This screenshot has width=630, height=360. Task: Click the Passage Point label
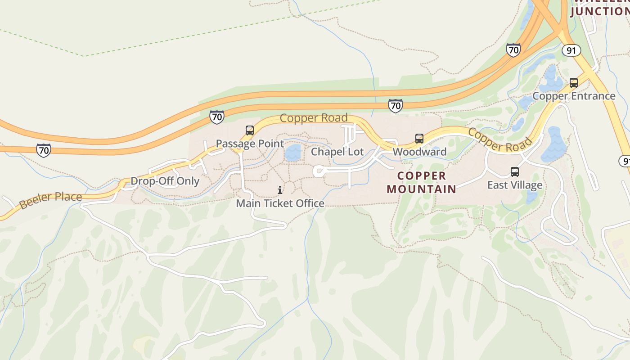(x=250, y=144)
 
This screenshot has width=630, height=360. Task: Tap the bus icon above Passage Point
(x=250, y=130)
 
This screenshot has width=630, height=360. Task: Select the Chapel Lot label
(x=337, y=152)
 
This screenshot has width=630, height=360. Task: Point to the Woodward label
(x=419, y=152)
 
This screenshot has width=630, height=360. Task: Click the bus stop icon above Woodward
(x=419, y=139)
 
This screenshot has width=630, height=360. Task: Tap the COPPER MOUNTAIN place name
(x=422, y=182)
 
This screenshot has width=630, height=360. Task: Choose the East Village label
(x=515, y=185)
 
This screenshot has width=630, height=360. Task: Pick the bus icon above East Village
(x=515, y=172)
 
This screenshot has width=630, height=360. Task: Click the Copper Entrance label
(x=574, y=96)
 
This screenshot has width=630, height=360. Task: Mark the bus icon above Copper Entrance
(x=574, y=83)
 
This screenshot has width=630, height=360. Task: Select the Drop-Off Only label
(x=165, y=181)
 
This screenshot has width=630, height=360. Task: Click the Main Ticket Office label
(x=280, y=203)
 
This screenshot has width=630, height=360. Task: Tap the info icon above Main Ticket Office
(x=280, y=190)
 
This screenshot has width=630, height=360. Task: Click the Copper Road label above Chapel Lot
(x=314, y=118)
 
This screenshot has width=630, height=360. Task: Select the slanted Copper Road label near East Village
(x=499, y=140)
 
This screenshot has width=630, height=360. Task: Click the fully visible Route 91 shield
(x=571, y=50)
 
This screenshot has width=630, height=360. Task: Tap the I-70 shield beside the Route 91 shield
(x=513, y=49)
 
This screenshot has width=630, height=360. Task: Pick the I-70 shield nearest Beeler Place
(x=44, y=150)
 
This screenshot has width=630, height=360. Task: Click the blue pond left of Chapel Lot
(x=293, y=153)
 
